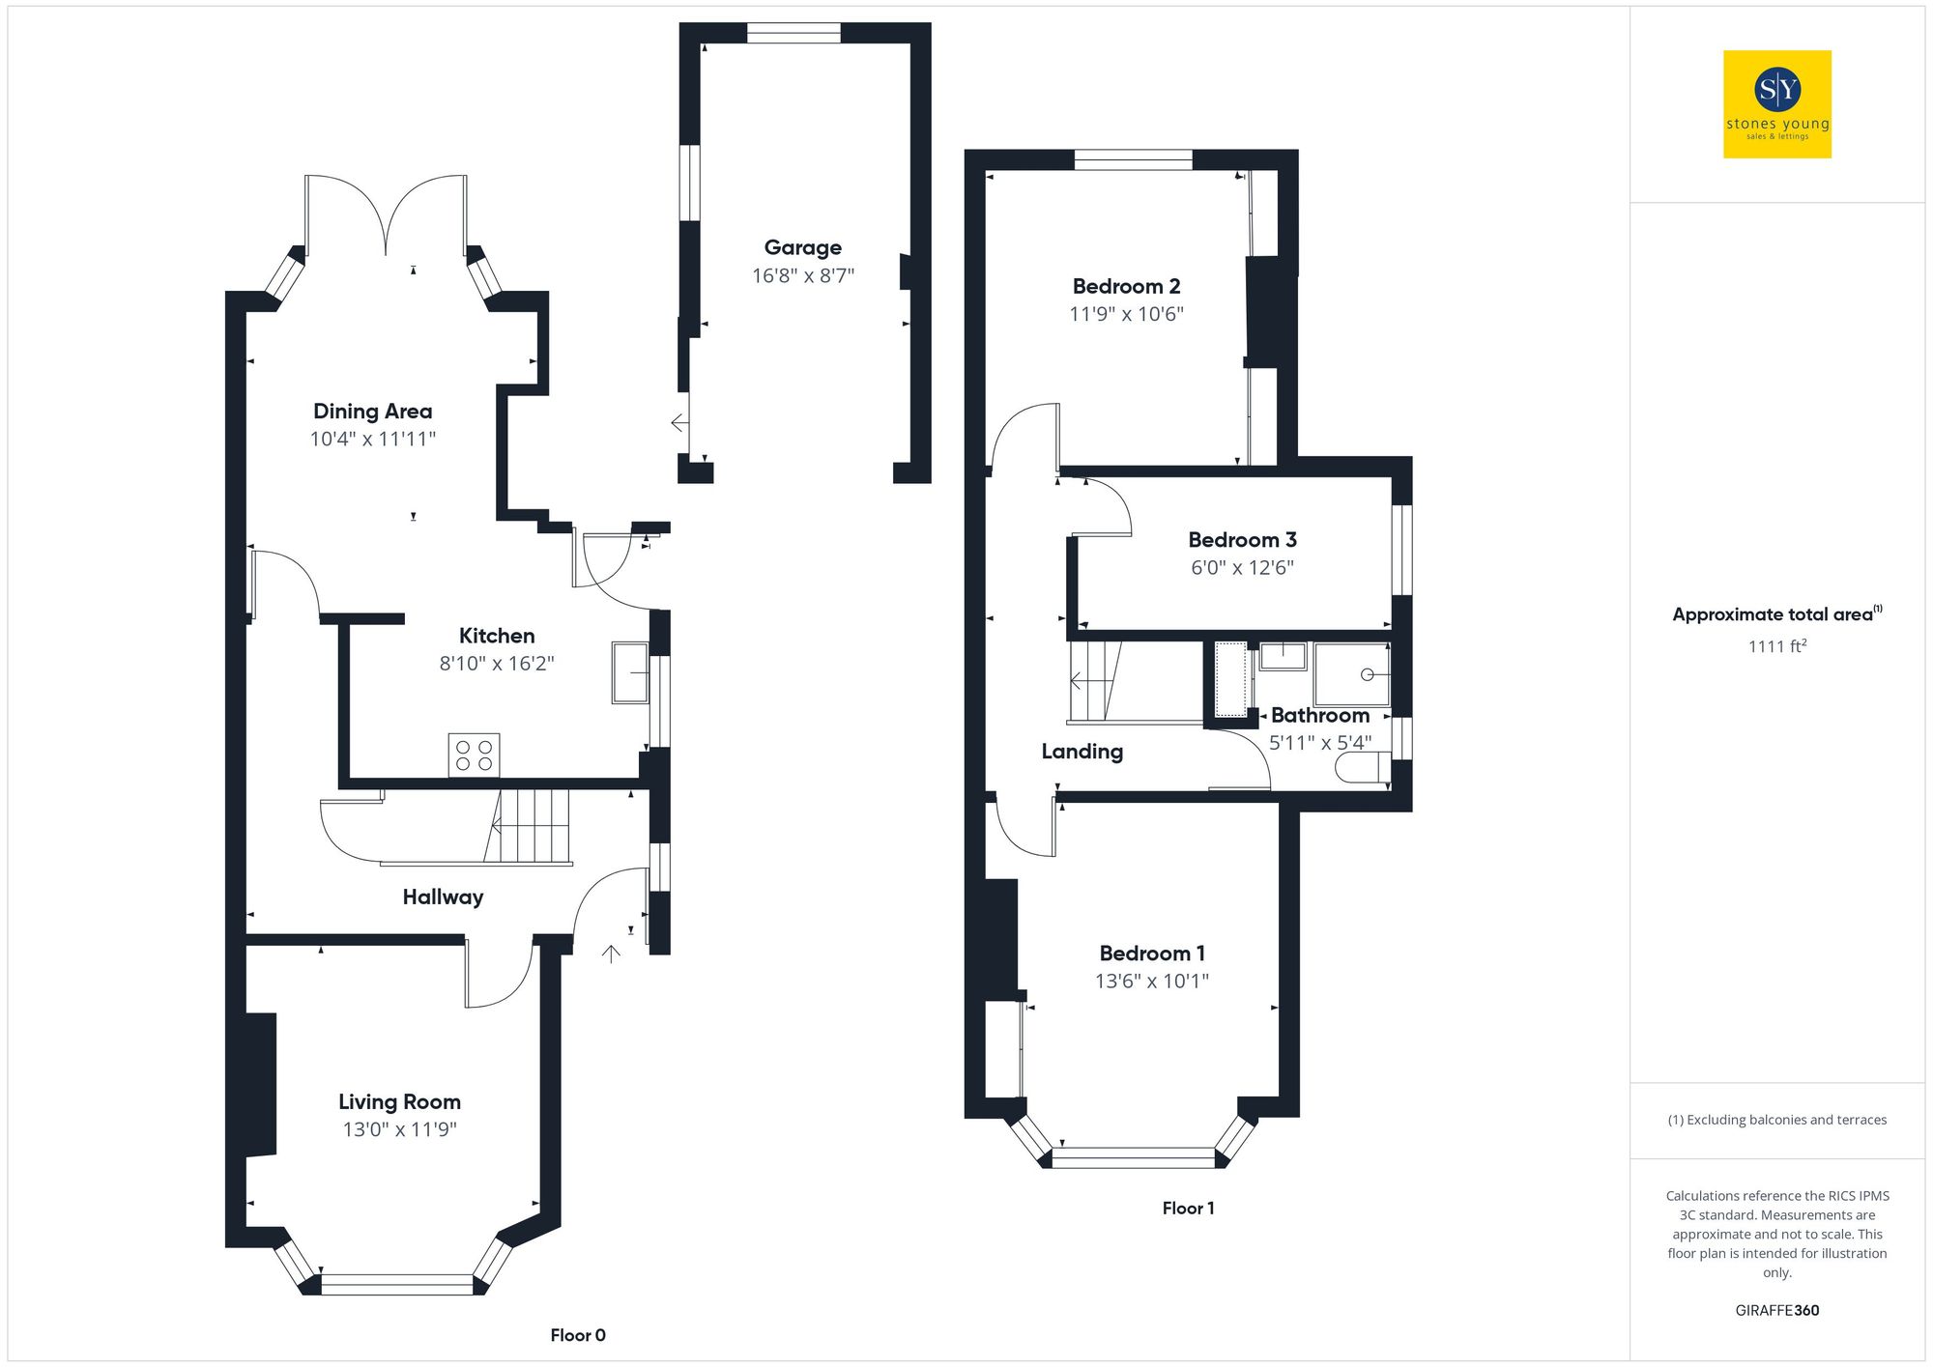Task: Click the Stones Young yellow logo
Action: [1776, 104]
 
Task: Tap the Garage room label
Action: [802, 248]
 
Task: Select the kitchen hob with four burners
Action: [474, 755]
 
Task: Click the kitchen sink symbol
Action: [630, 672]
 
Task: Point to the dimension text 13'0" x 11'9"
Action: [399, 1129]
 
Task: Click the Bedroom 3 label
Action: [1242, 540]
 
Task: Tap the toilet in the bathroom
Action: [1361, 769]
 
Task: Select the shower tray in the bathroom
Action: [1351, 674]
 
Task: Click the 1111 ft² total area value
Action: [1776, 646]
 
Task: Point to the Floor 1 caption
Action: [1188, 1209]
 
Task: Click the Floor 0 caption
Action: [578, 1335]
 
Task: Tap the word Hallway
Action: [443, 897]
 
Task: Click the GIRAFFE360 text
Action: [1776, 1311]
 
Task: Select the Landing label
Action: [1082, 752]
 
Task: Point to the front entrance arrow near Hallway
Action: [611, 954]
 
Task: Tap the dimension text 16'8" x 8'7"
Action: [802, 276]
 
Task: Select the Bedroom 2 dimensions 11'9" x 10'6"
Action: [1126, 314]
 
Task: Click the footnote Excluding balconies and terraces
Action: [1776, 1121]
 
